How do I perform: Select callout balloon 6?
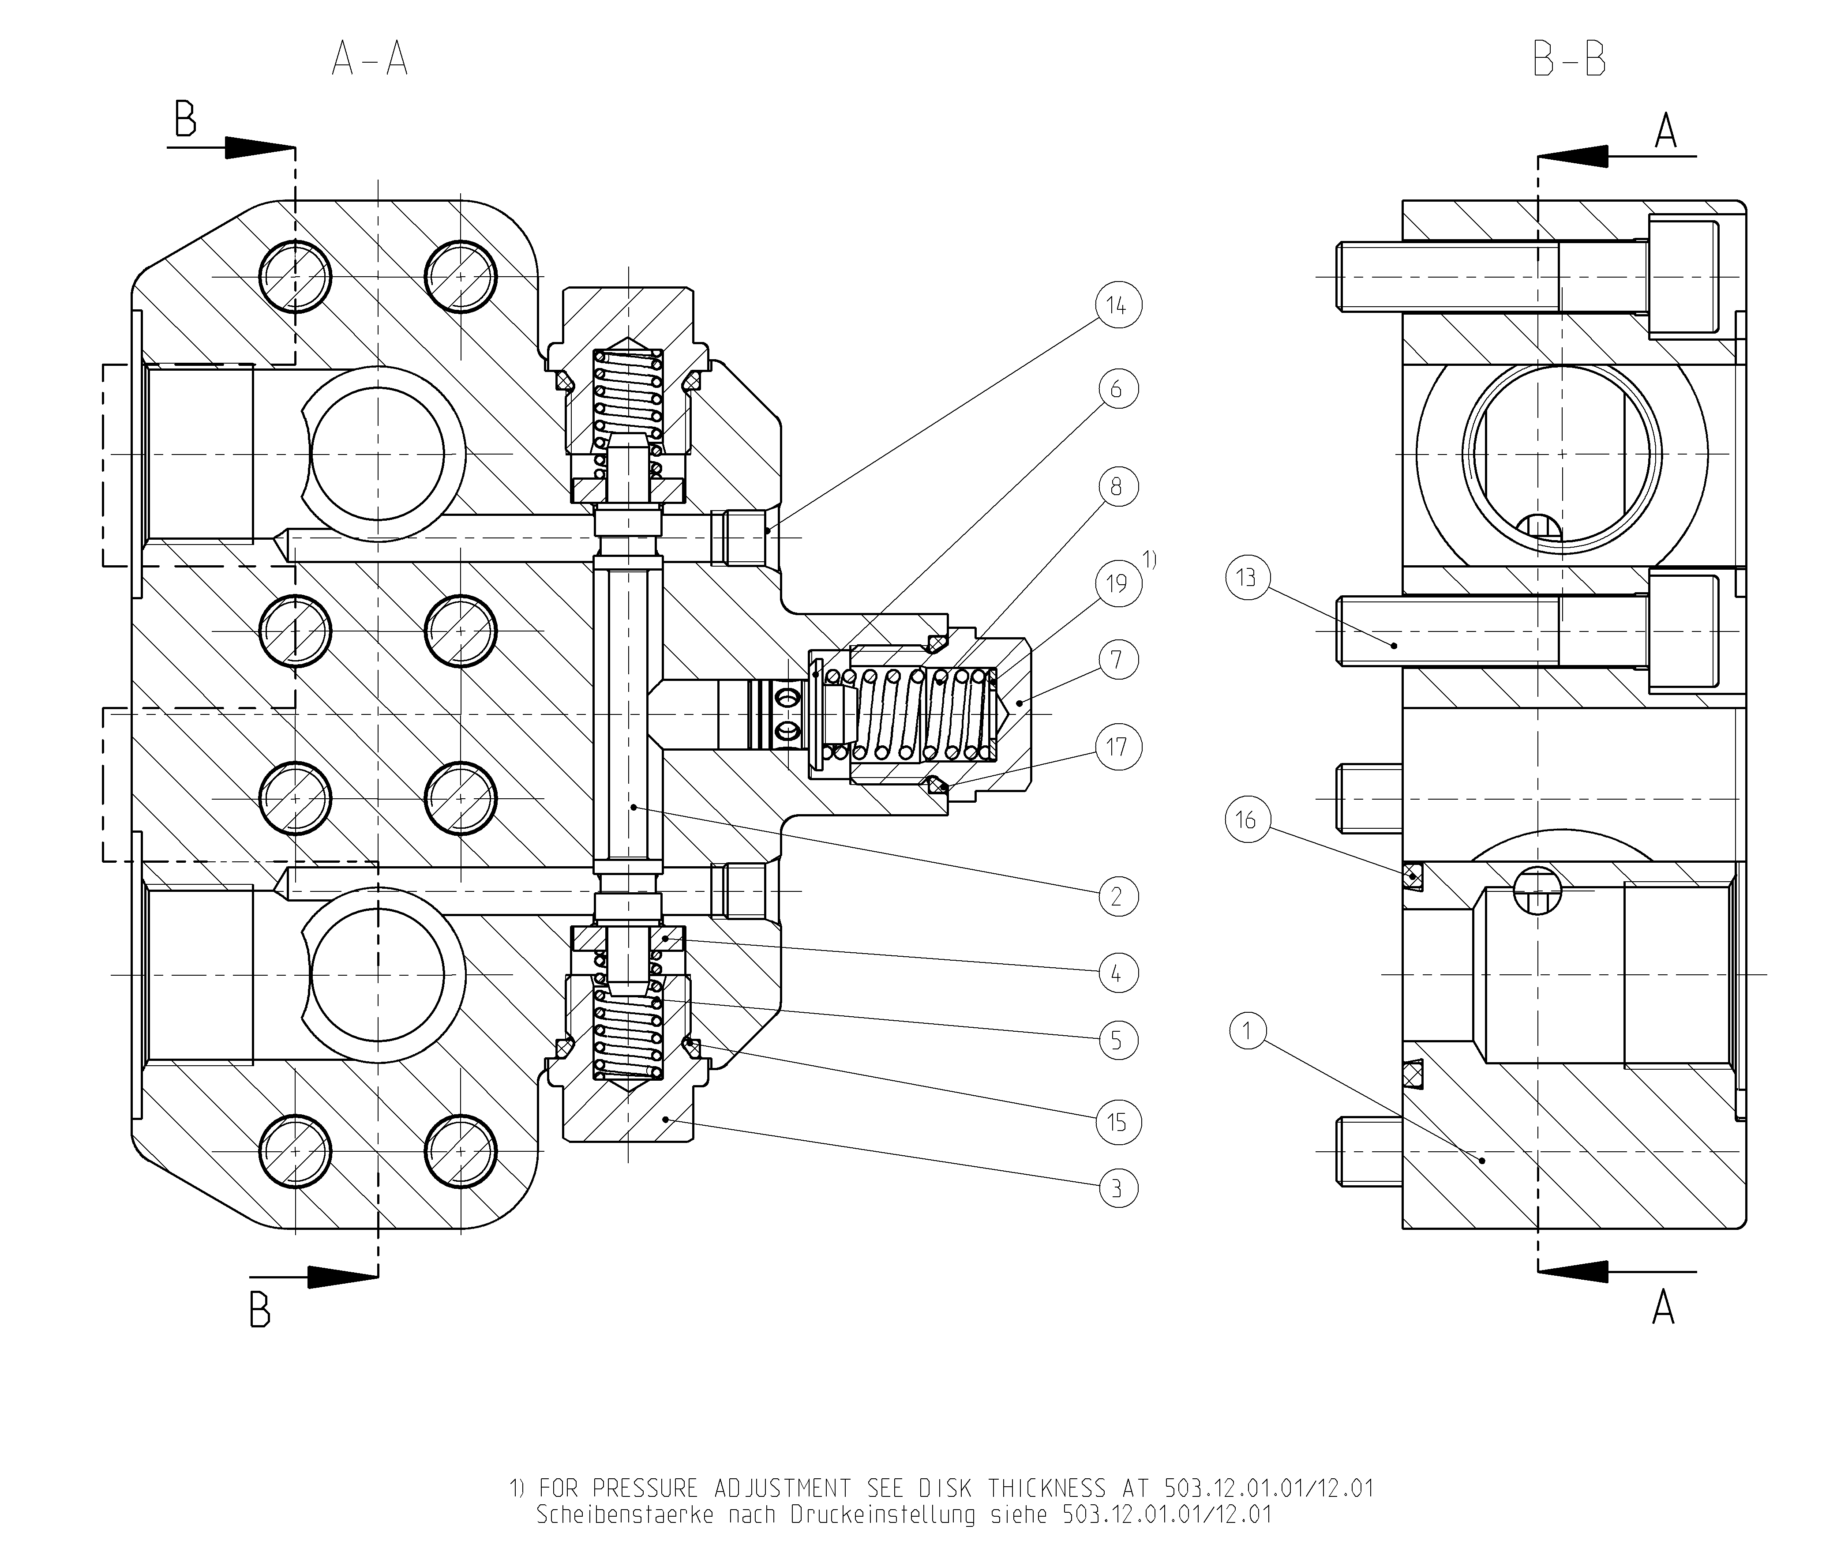coord(1117,389)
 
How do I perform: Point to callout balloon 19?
coord(1117,584)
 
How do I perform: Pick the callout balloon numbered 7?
coord(1117,660)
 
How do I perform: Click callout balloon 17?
coord(1117,747)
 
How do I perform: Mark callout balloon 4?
coord(1117,973)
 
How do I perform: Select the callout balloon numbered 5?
coord(1117,1040)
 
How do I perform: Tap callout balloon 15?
coord(1117,1122)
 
